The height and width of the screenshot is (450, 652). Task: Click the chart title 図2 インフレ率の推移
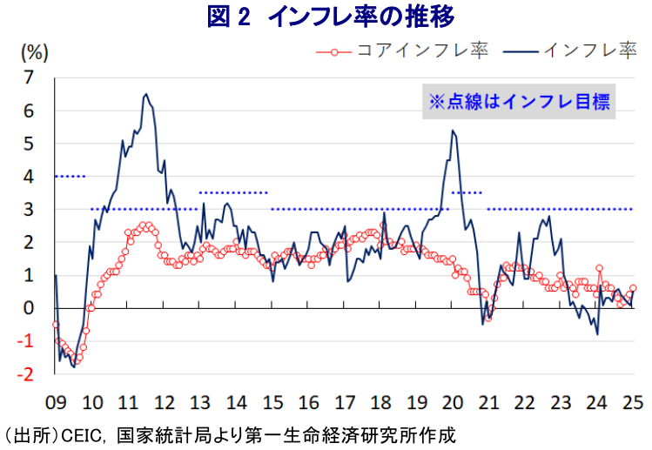point(330,17)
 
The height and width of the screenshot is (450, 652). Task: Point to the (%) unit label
point(33,50)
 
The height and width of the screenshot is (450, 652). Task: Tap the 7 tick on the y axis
point(32,77)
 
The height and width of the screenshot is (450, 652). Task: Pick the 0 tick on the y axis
point(32,308)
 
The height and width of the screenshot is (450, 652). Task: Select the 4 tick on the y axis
point(32,177)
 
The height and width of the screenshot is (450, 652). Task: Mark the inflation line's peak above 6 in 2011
point(145,94)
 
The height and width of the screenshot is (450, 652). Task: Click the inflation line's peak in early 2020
point(453,131)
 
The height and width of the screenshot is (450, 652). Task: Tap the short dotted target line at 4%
point(70,177)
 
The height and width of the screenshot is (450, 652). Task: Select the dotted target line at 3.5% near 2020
point(467,192)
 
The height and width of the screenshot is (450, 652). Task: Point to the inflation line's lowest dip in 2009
point(74,366)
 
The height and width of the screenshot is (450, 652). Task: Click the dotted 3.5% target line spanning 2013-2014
point(232,192)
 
